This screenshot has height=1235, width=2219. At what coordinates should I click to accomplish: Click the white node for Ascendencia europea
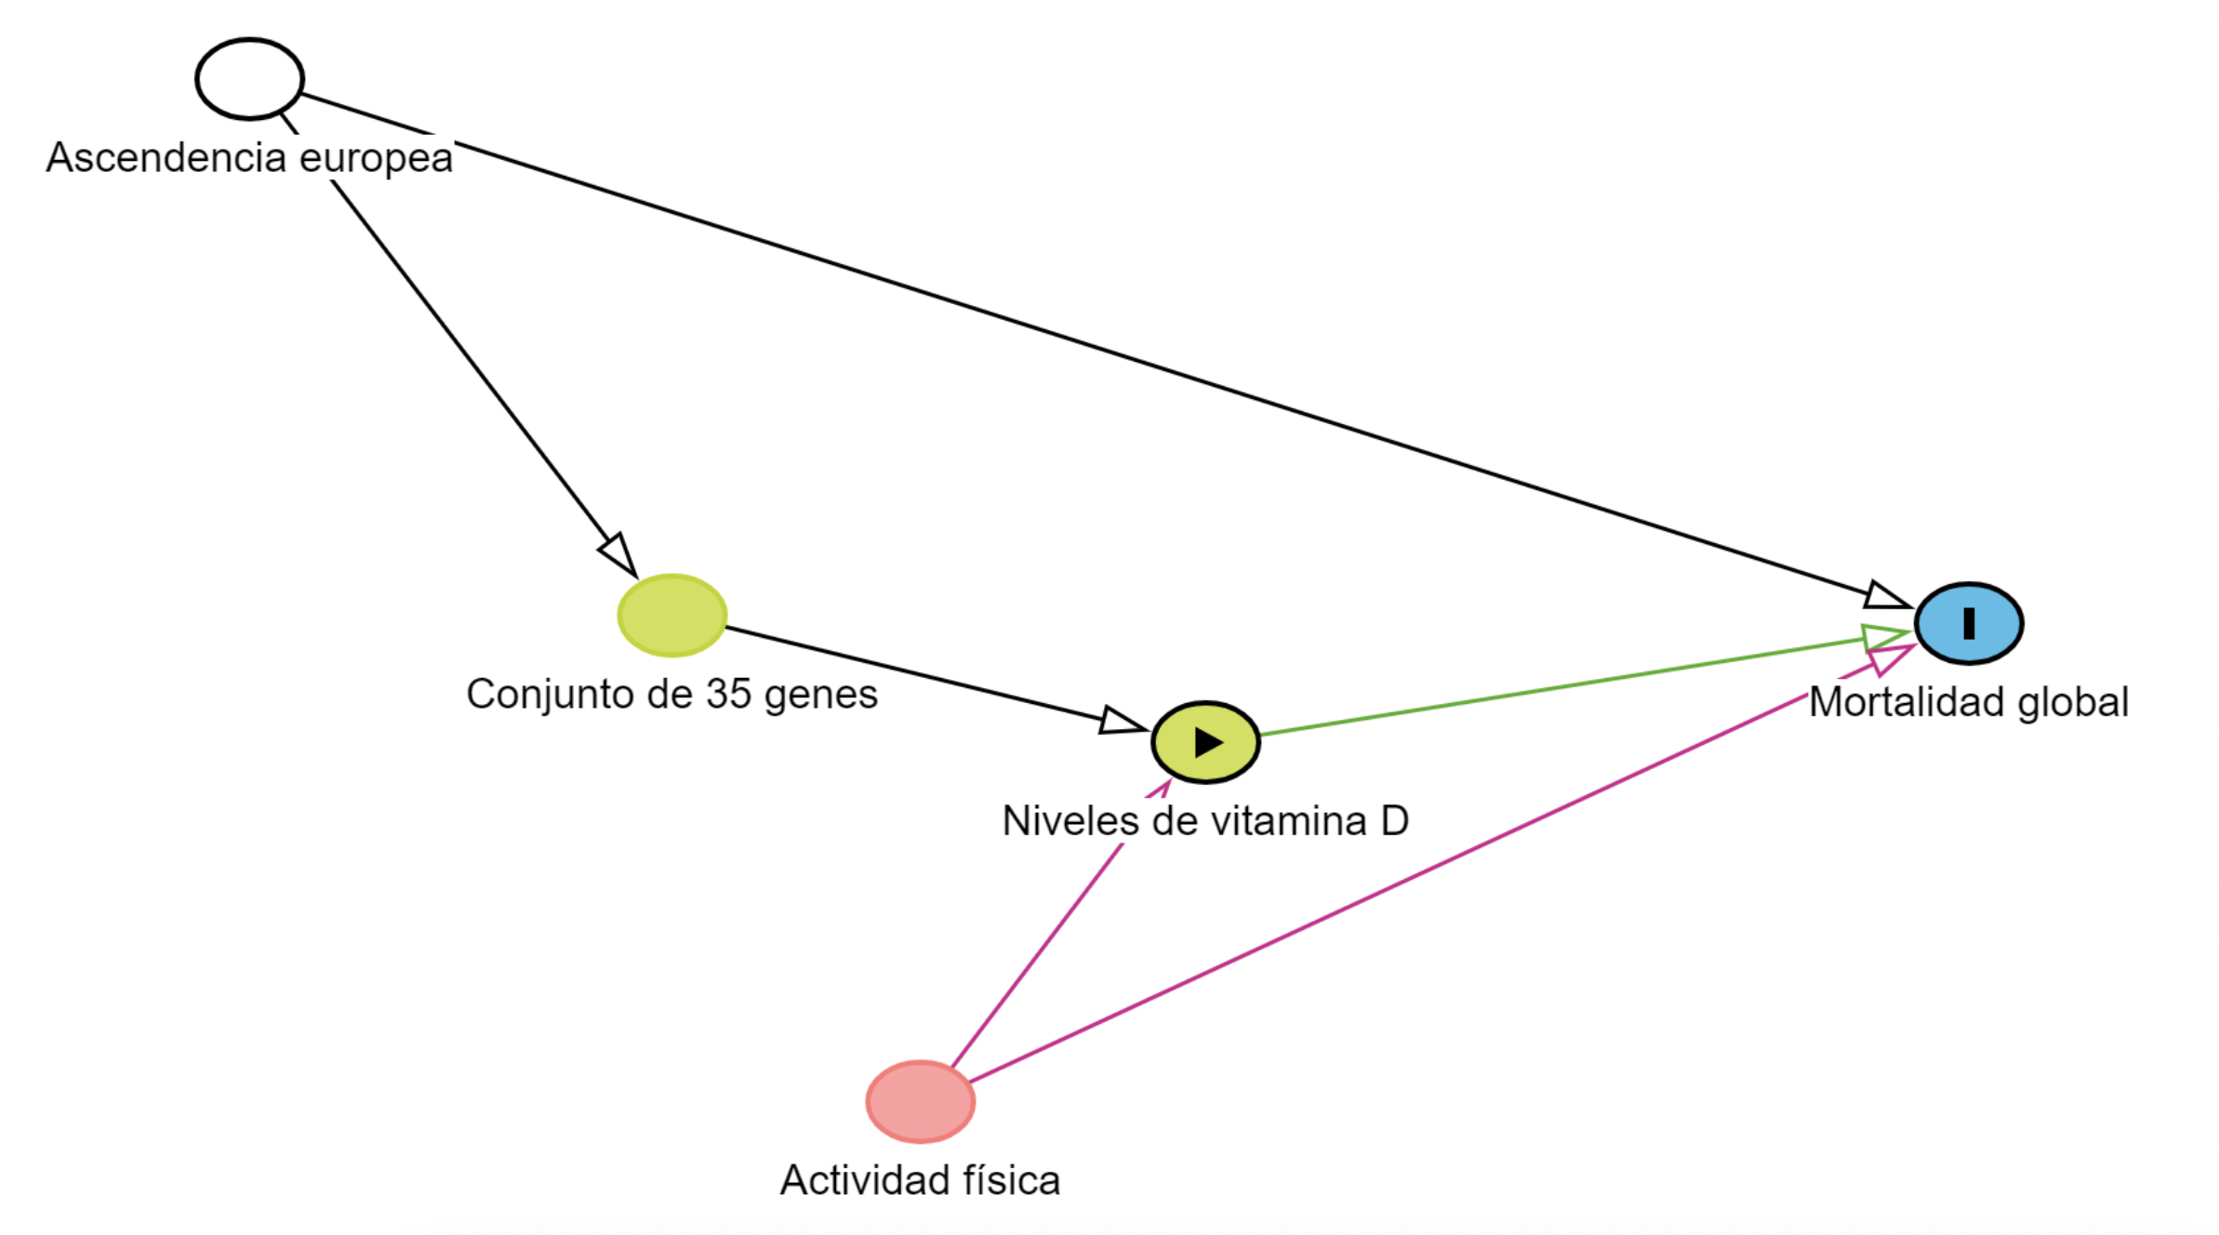coord(249,79)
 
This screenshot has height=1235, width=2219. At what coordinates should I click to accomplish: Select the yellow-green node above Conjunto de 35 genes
coord(671,615)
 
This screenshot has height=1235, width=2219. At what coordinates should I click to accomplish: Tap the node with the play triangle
coord(1205,741)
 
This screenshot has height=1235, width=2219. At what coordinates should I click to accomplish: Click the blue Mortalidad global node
coord(1968,622)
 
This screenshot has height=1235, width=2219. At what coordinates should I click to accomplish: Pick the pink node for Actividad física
coord(920,1101)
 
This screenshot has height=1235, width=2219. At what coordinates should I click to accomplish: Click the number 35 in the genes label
coord(728,694)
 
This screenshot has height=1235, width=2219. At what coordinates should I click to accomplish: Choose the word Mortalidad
coord(1907,702)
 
